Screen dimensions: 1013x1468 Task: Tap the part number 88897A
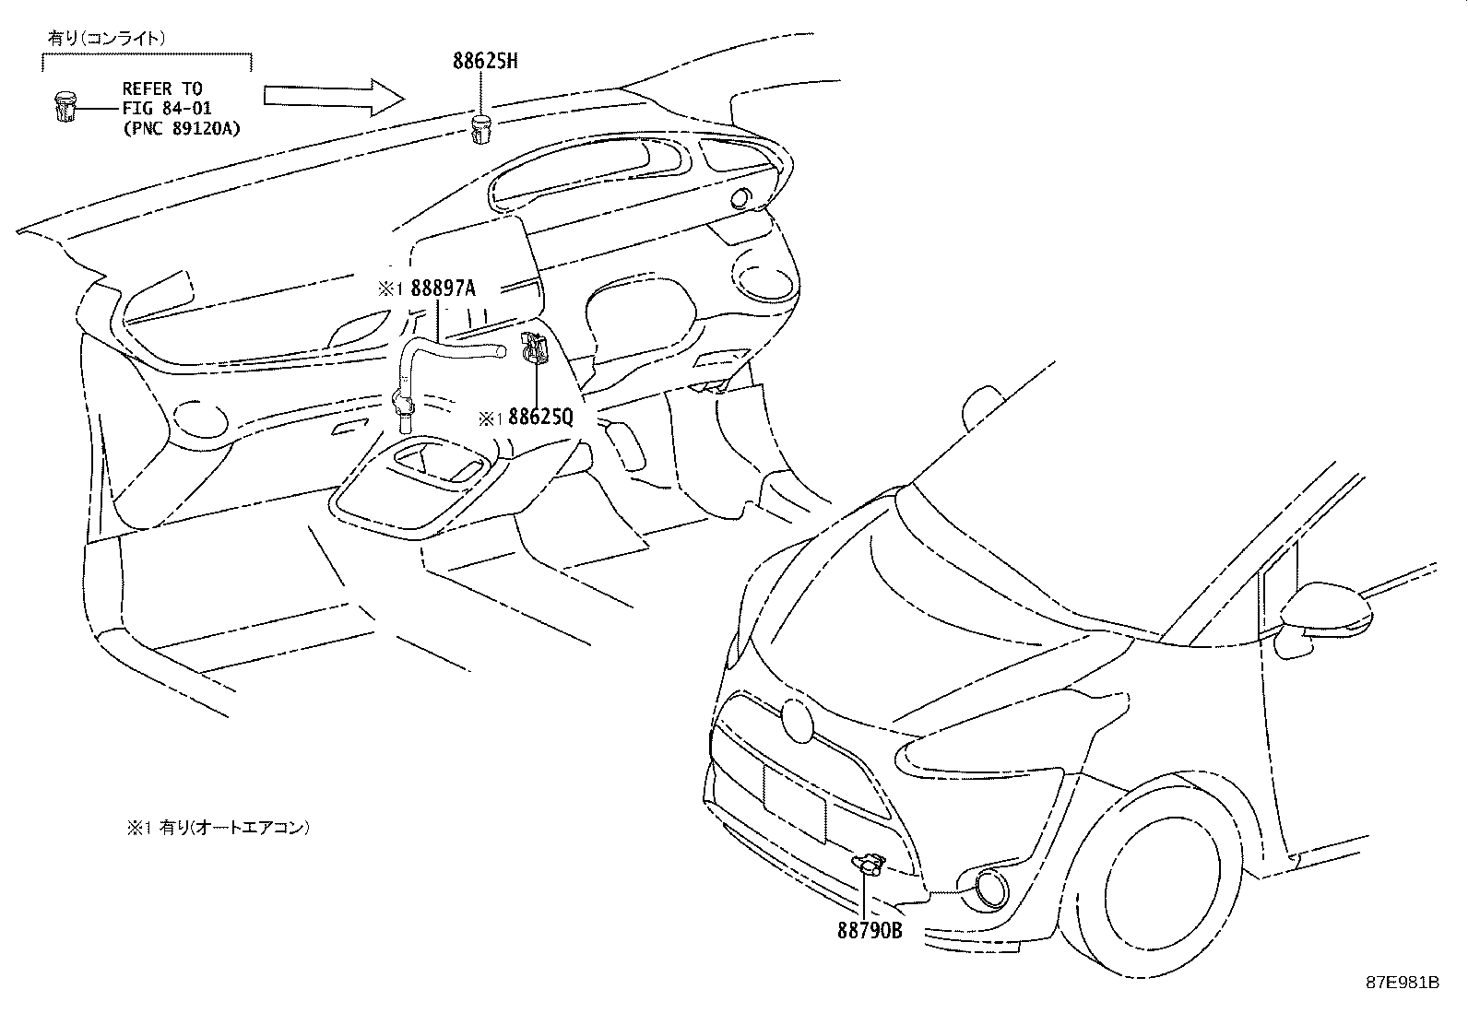pos(443,288)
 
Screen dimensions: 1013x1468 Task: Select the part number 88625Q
pos(540,418)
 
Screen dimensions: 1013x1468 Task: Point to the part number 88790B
pos(869,931)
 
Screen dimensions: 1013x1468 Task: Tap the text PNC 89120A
pos(181,128)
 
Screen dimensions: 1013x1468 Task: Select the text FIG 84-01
pos(167,109)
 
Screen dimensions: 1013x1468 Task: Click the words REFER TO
pos(162,89)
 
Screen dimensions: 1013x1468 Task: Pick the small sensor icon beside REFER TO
pos(63,109)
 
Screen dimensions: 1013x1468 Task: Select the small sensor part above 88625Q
pos(535,348)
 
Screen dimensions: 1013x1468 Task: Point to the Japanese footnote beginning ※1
pos(218,828)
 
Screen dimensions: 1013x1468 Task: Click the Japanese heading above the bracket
pos(107,38)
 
